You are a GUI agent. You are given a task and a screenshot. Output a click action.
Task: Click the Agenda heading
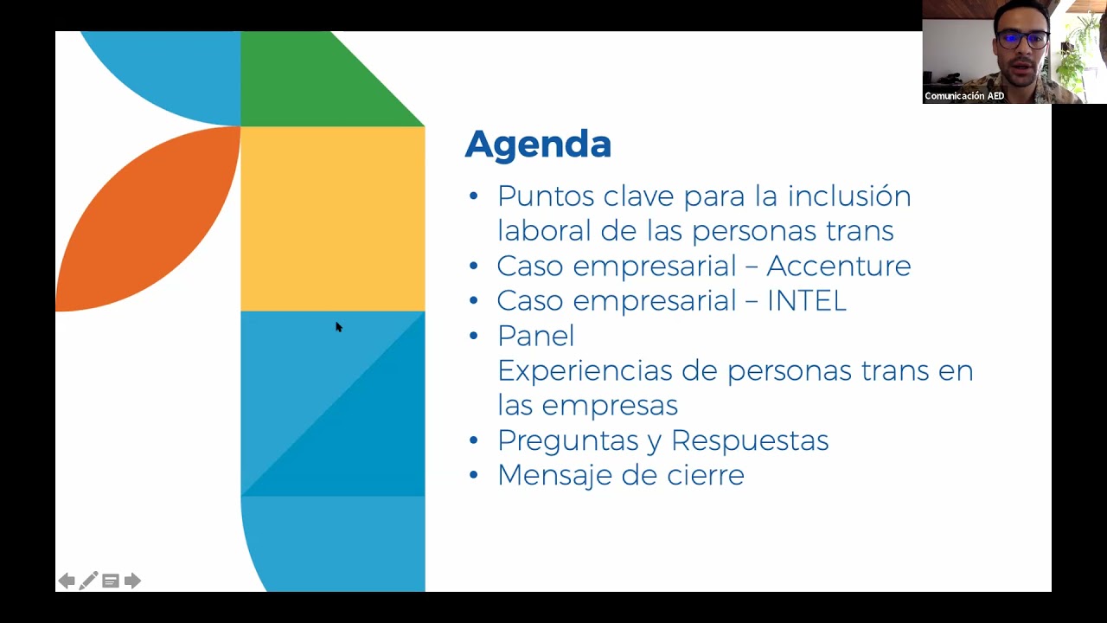coord(538,145)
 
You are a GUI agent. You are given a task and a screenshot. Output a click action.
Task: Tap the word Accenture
coord(839,266)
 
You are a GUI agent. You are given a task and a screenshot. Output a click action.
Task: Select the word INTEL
coord(807,300)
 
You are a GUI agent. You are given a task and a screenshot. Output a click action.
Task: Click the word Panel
coord(535,336)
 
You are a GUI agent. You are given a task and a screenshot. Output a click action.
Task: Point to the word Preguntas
coord(568,441)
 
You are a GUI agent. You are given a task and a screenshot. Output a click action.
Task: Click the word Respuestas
coord(750,441)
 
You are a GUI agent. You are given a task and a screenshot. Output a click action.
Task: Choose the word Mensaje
coord(555,476)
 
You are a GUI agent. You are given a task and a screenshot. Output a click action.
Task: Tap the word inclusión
coord(849,196)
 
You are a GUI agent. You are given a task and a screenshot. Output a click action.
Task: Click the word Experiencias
coord(585,371)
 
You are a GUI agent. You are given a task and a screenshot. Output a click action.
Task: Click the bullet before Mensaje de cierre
coord(473,475)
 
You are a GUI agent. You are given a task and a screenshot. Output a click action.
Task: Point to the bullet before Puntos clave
coord(473,196)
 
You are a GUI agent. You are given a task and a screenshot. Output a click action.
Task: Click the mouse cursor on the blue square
coord(338,327)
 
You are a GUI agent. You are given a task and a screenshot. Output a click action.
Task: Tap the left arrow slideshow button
coord(67,581)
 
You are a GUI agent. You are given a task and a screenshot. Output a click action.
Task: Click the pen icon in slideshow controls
coord(88,581)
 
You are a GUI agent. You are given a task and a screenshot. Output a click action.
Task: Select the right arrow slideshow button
coord(132,581)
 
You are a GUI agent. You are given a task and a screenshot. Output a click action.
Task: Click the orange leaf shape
coord(148,219)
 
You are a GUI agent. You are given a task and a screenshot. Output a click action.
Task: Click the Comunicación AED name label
coord(964,96)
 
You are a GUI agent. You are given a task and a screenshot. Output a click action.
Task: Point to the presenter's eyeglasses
coord(1022,40)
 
